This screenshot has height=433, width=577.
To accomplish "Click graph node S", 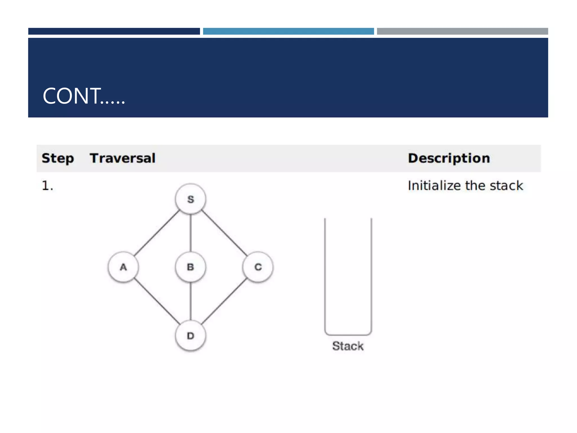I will click(190, 199).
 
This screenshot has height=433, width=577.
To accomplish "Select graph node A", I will click(123, 267).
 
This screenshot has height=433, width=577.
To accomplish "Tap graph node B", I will click(190, 267).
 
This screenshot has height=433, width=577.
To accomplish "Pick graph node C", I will click(258, 267).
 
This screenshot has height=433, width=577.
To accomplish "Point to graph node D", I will click(190, 335).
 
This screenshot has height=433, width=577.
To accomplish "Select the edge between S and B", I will click(191, 233).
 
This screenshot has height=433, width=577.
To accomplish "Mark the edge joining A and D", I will click(157, 301).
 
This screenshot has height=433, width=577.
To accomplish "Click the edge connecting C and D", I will click(224, 301).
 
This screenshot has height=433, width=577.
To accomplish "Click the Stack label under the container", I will click(348, 346).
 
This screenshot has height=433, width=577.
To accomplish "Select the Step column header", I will click(58, 158).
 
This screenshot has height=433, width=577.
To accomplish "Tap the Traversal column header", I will click(123, 158).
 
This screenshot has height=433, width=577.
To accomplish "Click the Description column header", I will click(449, 158).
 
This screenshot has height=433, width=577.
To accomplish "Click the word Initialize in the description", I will click(434, 186).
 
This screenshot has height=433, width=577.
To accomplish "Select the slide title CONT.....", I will click(84, 96).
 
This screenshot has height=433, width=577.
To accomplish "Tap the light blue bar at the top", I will click(288, 31).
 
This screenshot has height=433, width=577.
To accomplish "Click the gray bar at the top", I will click(462, 31).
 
